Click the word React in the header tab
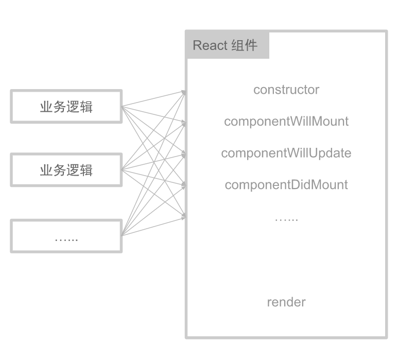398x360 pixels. point(210,45)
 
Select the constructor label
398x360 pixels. point(286,90)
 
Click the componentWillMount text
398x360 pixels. point(286,122)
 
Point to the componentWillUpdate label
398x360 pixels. point(286,153)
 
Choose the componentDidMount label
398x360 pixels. point(286,185)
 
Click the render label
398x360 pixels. point(286,302)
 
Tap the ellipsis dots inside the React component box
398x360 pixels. point(286,219)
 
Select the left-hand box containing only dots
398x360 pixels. point(66,236)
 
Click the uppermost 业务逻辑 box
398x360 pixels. point(66,107)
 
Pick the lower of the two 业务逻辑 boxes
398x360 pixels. point(66,170)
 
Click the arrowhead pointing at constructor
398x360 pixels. point(184,92)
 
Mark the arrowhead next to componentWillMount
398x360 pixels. point(184,124)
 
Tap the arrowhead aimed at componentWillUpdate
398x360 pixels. point(184,155)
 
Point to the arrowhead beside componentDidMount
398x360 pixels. point(184,185)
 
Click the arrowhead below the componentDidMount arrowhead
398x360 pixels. point(184,217)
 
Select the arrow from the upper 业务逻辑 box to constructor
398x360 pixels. point(154,99)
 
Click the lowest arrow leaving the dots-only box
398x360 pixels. point(154,227)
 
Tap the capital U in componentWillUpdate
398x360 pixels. point(313,153)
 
